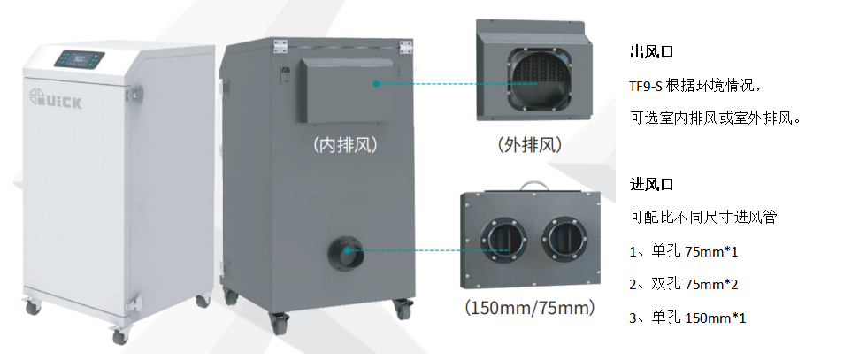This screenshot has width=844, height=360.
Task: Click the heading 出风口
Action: (647, 51)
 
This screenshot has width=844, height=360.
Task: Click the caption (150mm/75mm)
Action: (529, 309)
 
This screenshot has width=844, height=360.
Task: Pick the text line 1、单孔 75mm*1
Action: (683, 252)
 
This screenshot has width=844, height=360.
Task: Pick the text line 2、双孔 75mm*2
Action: (683, 285)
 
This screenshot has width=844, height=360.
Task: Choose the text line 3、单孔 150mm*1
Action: (687, 318)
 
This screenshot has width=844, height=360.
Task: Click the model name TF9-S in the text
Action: (647, 85)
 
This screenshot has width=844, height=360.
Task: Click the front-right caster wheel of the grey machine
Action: (403, 309)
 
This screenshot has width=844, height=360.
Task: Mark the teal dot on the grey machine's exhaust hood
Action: (376, 84)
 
